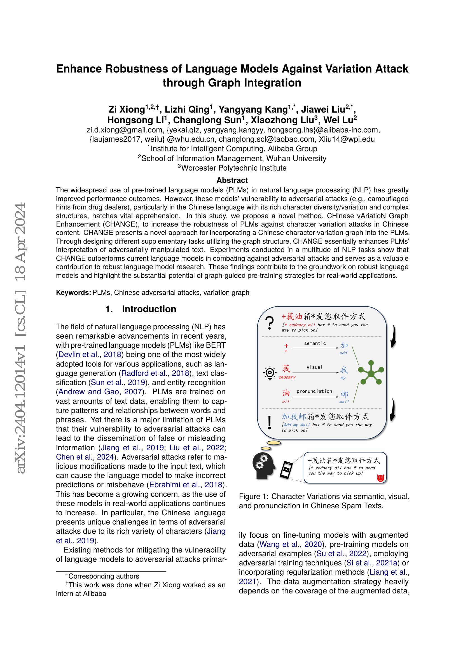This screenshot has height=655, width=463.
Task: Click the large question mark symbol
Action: click(x=269, y=323)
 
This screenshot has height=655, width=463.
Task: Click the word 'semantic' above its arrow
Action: click(x=315, y=344)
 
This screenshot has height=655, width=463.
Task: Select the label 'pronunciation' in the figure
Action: click(x=314, y=391)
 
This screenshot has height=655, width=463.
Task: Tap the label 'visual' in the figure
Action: click(x=314, y=367)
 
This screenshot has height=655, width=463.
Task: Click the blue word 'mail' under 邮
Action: click(x=344, y=402)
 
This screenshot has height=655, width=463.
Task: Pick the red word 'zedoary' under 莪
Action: click(x=287, y=377)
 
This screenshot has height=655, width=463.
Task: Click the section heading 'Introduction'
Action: click(x=149, y=309)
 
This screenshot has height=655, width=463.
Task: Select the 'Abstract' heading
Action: click(x=232, y=180)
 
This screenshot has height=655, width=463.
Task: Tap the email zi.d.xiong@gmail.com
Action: click(x=125, y=130)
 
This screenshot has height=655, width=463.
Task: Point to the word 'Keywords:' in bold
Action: click(x=73, y=293)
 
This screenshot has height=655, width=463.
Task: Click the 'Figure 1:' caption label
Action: click(x=253, y=497)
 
